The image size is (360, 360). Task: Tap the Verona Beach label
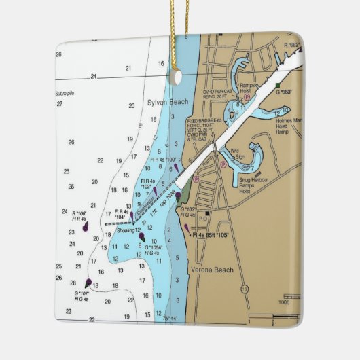pyautogui.click(x=212, y=270)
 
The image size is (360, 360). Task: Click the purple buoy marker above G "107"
pyautogui.click(x=88, y=282)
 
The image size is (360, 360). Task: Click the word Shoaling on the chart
pyautogui.click(x=126, y=230)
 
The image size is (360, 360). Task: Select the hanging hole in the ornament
pyautogui.click(x=177, y=77)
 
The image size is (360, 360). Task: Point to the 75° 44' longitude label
pyautogui.click(x=170, y=318)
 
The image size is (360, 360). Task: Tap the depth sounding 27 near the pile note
pyautogui.click(x=60, y=103)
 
